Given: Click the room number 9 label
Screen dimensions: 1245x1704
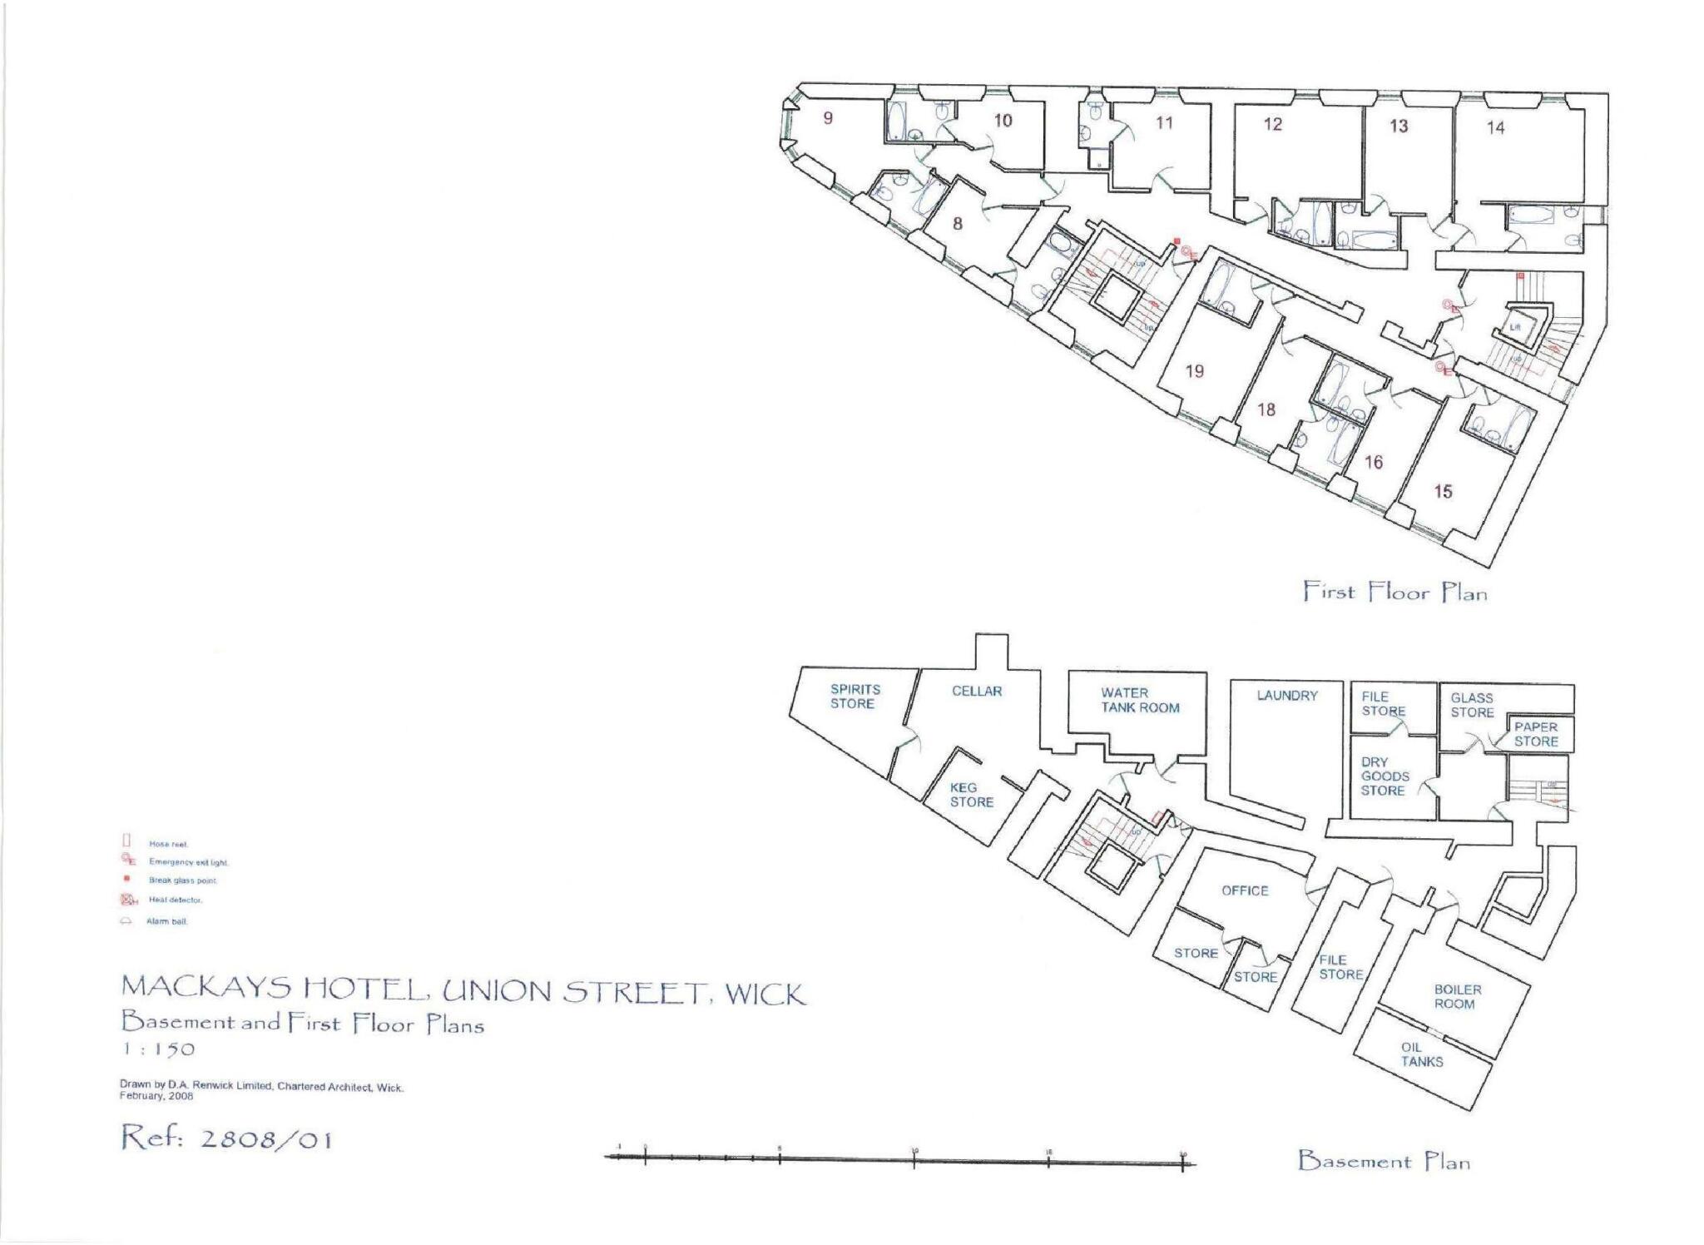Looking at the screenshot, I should tap(828, 118).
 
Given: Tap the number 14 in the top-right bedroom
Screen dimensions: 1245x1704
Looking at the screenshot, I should tap(1495, 128).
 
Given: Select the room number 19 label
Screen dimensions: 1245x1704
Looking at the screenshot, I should tap(1194, 371).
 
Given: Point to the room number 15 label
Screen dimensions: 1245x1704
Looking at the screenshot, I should tap(1442, 492).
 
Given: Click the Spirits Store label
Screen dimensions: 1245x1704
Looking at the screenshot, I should tap(854, 697).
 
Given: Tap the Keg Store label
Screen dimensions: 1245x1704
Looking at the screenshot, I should tap(971, 795).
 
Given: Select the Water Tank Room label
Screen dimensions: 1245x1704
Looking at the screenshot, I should tap(1140, 700).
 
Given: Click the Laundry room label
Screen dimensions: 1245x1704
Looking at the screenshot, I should tap(1286, 696).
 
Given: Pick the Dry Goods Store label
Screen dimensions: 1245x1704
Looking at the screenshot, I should tap(1384, 776).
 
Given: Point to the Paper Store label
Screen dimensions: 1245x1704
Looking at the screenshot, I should tap(1535, 734).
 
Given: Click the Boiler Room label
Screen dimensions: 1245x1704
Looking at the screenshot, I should tap(1457, 997).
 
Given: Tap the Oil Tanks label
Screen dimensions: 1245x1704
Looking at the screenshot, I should tap(1421, 1054).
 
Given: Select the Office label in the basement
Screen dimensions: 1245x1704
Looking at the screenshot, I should tap(1245, 890).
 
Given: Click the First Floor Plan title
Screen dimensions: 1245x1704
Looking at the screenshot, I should tap(1394, 593).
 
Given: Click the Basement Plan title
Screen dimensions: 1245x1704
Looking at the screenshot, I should tap(1383, 1161).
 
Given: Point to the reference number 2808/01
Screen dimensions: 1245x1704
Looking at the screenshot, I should tap(226, 1138).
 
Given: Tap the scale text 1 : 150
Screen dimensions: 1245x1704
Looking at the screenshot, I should tap(158, 1049).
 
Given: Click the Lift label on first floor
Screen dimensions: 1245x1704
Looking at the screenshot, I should tap(1515, 327).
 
